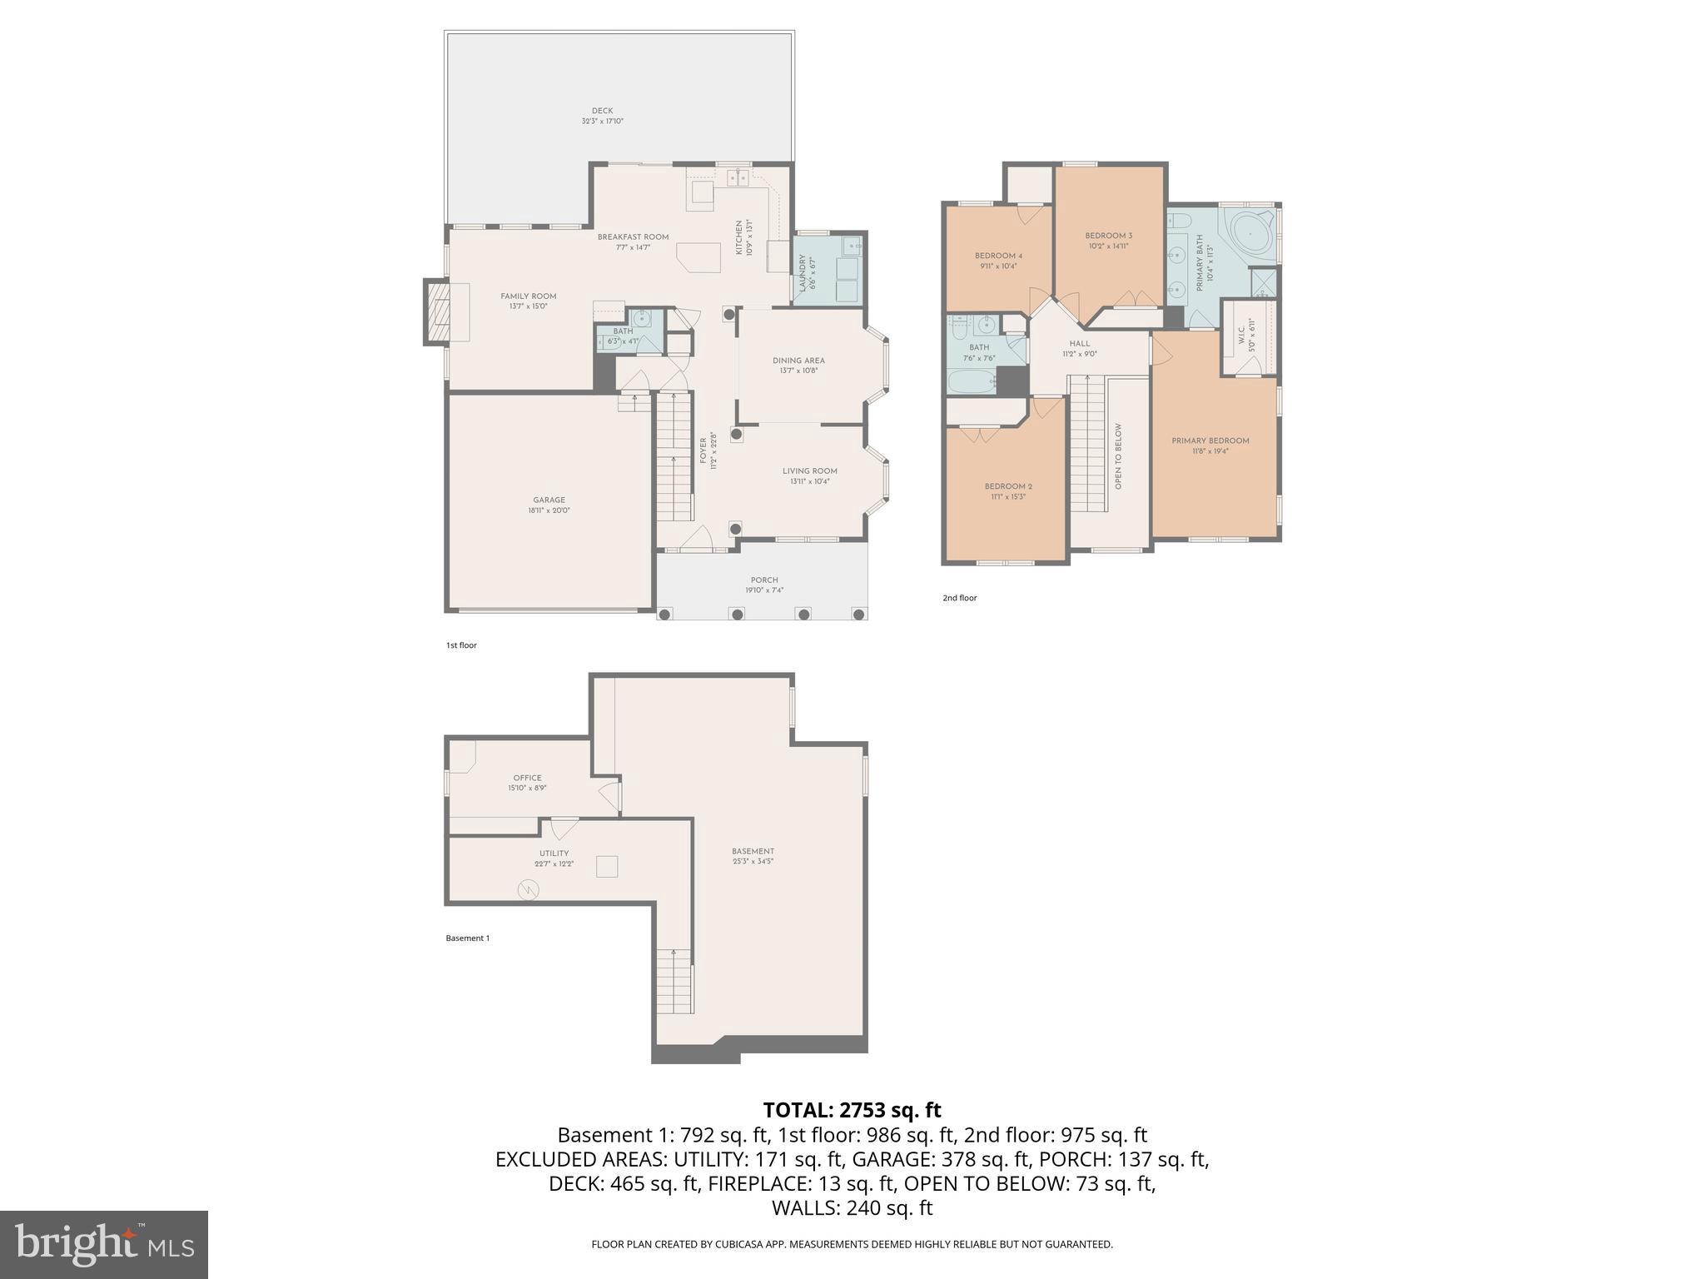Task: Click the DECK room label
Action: (602, 111)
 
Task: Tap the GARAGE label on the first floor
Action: (549, 500)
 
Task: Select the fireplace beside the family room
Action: (436, 311)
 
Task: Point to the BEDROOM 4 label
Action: (998, 256)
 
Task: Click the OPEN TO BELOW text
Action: (1118, 455)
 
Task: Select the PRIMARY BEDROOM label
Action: (1210, 440)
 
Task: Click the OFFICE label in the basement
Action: (527, 778)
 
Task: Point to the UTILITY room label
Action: (554, 853)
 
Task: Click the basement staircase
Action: (674, 980)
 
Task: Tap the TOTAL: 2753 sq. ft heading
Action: (852, 1110)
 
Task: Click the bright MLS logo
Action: (104, 1245)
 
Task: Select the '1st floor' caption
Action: (461, 645)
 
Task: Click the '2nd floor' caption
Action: (959, 598)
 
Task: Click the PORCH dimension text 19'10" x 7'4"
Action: (763, 590)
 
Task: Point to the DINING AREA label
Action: (798, 361)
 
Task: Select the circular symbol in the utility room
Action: (528, 891)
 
